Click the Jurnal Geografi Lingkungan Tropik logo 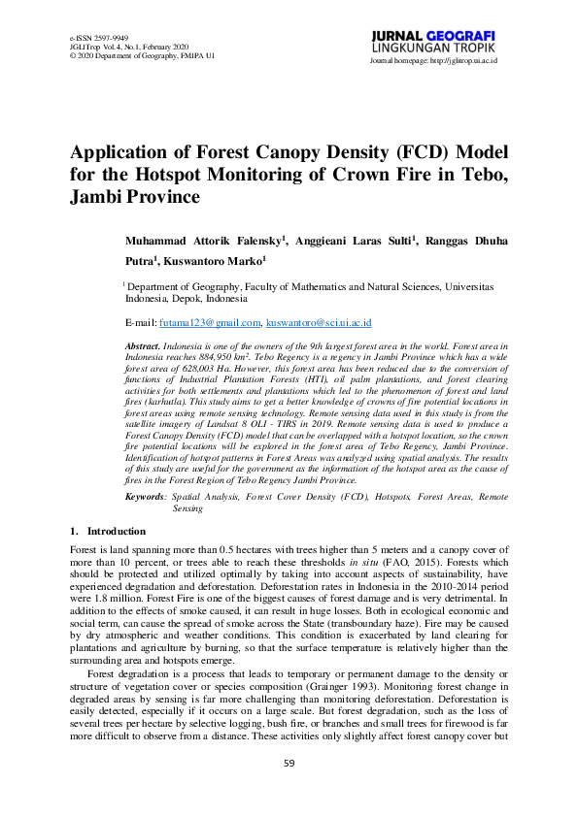tap(433, 42)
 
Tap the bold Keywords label tap(145, 496)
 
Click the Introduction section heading tap(116, 531)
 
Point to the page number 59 tap(289, 791)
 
